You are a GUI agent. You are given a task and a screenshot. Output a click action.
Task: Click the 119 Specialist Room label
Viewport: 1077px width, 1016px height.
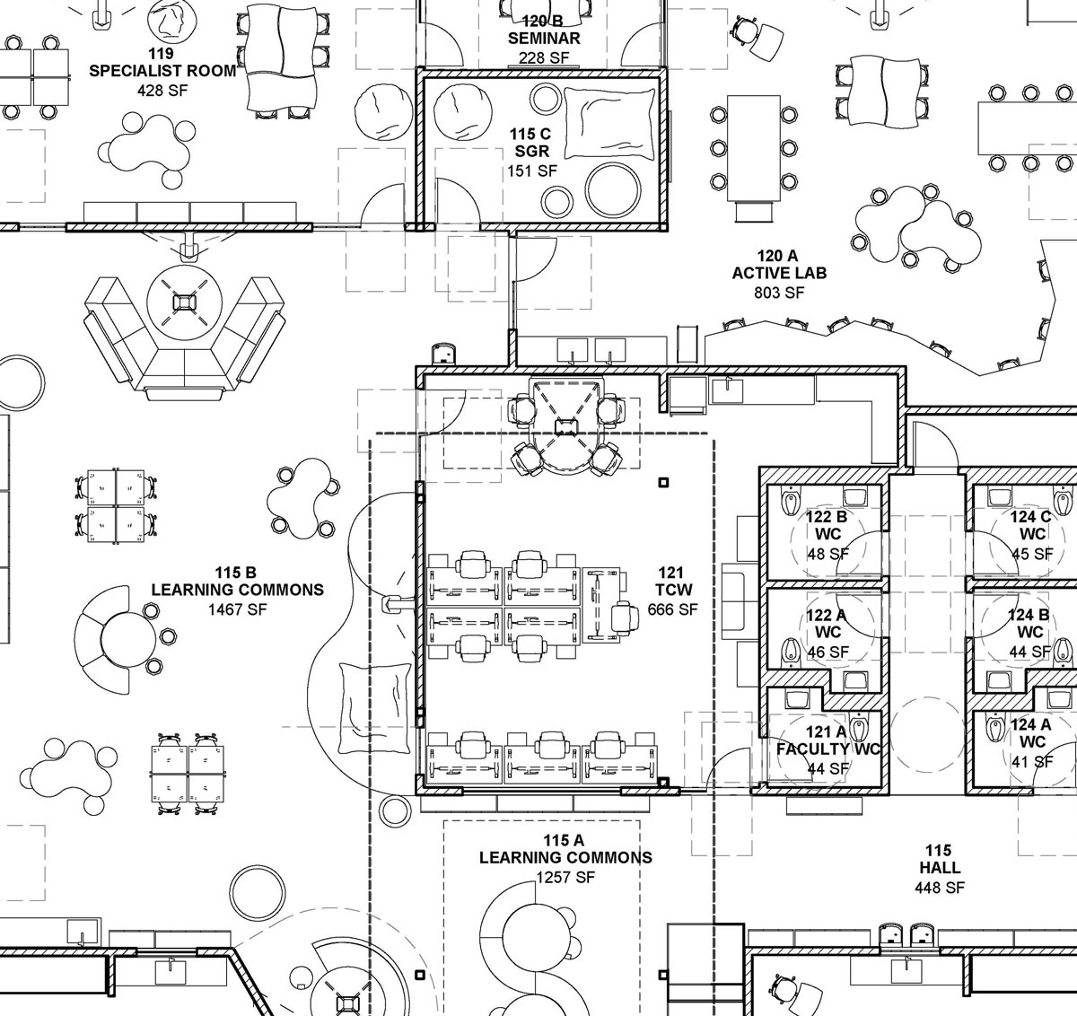pyautogui.click(x=162, y=62)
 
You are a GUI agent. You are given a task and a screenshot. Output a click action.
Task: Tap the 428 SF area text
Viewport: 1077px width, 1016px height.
pyautogui.click(x=162, y=90)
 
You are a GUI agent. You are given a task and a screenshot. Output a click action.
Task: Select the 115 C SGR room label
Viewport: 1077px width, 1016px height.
pyautogui.click(x=530, y=143)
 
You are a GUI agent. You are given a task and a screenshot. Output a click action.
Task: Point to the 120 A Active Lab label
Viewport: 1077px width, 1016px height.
pyautogui.click(x=779, y=264)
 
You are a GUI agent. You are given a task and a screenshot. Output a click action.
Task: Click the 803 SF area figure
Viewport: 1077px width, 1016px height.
pyautogui.click(x=779, y=293)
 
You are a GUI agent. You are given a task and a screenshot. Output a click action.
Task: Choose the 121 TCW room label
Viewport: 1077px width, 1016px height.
pyautogui.click(x=671, y=581)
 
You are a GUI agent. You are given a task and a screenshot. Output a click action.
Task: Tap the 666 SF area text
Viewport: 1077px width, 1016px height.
pyautogui.click(x=672, y=609)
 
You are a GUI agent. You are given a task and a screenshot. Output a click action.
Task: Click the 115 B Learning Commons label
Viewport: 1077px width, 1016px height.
pyautogui.click(x=237, y=581)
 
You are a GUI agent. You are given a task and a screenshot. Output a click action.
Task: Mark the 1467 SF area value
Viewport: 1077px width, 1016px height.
pyautogui.click(x=238, y=609)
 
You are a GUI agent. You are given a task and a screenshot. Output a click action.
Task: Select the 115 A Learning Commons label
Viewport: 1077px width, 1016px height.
pyautogui.click(x=565, y=849)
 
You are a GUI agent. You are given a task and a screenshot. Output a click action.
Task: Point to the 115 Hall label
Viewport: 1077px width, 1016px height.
pyautogui.click(x=940, y=859)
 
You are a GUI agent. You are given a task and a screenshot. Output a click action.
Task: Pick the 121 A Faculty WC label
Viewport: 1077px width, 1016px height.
pyautogui.click(x=828, y=740)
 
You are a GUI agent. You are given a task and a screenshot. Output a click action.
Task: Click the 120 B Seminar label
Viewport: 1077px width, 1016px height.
pyautogui.click(x=544, y=30)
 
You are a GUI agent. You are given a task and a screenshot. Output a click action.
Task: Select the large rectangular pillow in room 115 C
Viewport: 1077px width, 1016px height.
pyautogui.click(x=609, y=124)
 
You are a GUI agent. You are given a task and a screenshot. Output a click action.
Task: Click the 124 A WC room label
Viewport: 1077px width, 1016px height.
pyautogui.click(x=1031, y=733)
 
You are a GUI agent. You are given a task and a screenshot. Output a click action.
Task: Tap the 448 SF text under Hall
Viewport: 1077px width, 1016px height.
pyautogui.click(x=940, y=888)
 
